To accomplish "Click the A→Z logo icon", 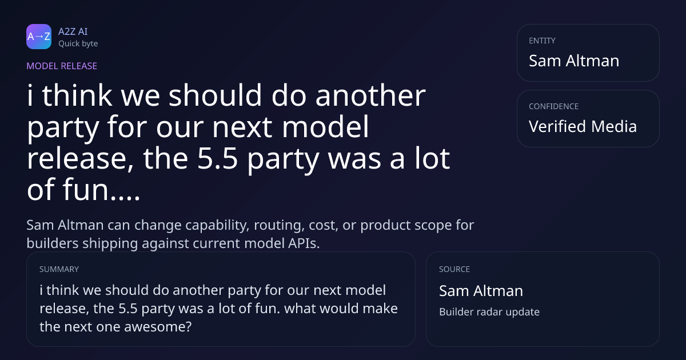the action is coord(39,37).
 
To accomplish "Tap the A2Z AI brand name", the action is coord(73,31).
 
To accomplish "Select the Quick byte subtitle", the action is coord(78,44).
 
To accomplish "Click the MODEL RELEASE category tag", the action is coord(62,66).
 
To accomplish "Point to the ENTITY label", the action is coord(542,41).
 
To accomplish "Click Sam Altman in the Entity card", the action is coord(574,61).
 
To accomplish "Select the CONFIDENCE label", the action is coord(554,106).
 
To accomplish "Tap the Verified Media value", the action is coord(583,126).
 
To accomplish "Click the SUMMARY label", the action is coord(59,269).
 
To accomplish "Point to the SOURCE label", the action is coord(454,269).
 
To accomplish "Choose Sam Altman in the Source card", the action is coord(481,290).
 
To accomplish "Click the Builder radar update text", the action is coord(489,311).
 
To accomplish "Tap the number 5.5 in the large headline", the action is coord(217,158).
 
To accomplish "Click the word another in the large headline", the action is coord(370,95).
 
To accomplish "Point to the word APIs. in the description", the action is coord(304,243).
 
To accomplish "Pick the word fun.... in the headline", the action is coord(101,190).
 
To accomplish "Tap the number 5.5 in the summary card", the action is coord(127,308).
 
